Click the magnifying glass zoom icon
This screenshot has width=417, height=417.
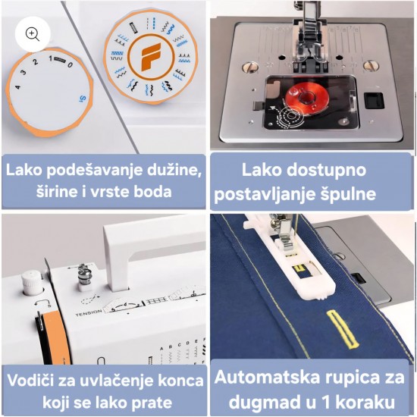tap(33, 35)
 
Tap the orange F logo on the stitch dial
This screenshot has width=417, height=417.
tap(151, 57)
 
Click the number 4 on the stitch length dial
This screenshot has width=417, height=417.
tap(17, 86)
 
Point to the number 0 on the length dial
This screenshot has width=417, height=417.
tap(70, 64)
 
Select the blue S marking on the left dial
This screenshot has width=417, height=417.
tap(83, 99)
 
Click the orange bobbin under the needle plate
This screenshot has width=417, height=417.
tap(306, 96)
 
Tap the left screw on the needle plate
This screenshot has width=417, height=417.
tap(249, 67)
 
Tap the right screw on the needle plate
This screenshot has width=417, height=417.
tap(371, 66)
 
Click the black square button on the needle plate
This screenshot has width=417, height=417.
tap(374, 101)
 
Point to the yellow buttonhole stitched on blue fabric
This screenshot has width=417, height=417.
tap(342, 329)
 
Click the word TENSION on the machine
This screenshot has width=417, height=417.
tap(89, 312)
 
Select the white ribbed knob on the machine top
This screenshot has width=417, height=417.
tap(31, 283)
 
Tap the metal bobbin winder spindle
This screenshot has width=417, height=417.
tap(85, 275)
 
